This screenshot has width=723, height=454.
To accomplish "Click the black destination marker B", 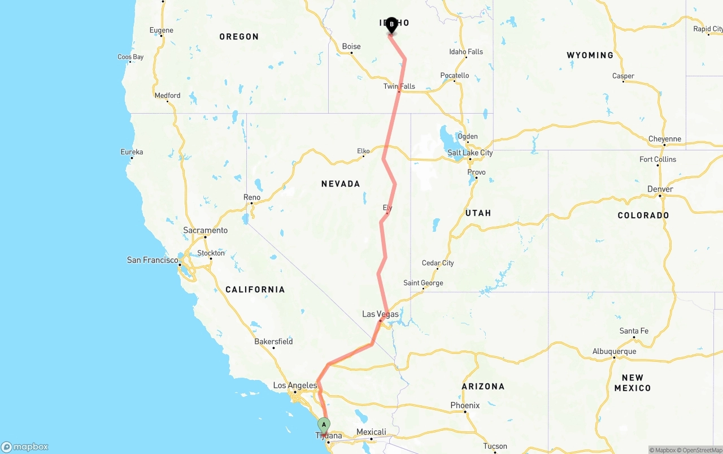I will click(391, 25).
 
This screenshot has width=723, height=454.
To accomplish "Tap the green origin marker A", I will click(324, 425).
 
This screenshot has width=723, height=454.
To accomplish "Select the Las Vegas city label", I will click(380, 314).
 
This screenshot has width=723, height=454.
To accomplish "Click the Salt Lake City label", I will click(470, 153).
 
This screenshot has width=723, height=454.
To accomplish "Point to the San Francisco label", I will click(153, 260).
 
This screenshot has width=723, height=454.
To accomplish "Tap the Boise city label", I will click(351, 47).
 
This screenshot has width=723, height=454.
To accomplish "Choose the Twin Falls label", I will click(399, 87).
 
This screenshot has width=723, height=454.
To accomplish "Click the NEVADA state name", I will click(341, 184).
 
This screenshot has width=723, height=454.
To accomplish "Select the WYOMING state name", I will click(590, 55).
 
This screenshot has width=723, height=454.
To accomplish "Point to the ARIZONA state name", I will click(483, 387).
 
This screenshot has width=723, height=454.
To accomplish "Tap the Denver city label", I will click(660, 189).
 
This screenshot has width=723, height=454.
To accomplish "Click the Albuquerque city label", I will click(614, 352).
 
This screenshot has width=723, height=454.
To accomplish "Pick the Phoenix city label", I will click(465, 405).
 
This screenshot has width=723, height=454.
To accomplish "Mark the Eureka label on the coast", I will click(132, 152).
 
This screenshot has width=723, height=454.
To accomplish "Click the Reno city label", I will click(252, 197).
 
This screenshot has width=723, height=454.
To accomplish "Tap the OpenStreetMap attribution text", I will click(702, 450).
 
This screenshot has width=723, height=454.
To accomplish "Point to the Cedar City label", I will click(438, 263).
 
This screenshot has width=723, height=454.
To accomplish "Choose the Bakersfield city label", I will click(273, 341).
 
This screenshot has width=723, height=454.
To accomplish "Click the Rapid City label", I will click(708, 29).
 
